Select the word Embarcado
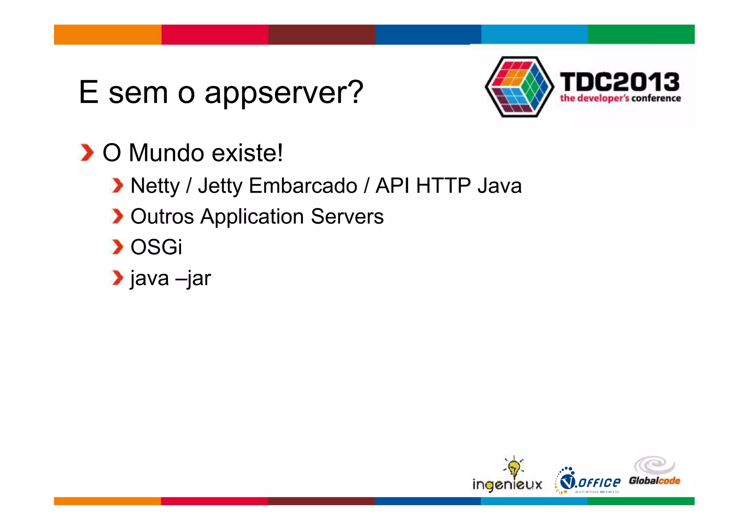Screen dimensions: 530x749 (303, 186)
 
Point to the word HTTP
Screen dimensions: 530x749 (443, 186)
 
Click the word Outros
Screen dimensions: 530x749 (162, 216)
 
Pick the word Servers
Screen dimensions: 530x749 (347, 216)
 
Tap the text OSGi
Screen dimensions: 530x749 (156, 247)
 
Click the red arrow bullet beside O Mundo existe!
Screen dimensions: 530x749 (87, 153)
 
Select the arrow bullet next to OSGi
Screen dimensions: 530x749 (117, 247)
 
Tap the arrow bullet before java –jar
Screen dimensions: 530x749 (117, 278)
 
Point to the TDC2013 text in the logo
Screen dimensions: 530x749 (620, 82)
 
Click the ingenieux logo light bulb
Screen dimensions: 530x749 (514, 467)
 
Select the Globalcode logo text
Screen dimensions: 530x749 (654, 481)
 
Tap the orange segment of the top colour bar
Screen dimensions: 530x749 (108, 35)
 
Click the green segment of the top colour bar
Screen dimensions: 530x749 (641, 34)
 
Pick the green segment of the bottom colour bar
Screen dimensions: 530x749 (640, 501)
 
